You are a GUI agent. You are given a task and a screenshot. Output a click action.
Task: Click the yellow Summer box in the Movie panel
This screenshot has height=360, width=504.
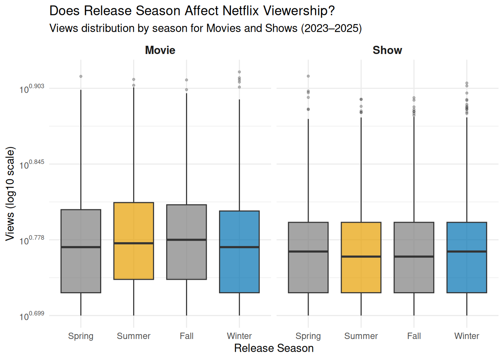pyautogui.click(x=133, y=225)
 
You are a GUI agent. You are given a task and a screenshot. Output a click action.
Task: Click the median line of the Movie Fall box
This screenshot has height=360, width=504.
pyautogui.click(x=186, y=240)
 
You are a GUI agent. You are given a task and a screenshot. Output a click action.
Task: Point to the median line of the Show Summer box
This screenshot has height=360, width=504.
pyautogui.click(x=361, y=256)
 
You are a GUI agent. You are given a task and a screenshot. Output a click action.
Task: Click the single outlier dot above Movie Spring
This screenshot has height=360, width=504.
pyautogui.click(x=81, y=76)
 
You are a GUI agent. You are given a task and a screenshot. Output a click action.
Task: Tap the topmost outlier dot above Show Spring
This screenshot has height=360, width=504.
pyautogui.click(x=308, y=76)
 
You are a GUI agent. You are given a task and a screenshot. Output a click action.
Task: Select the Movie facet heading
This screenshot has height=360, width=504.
pyautogui.click(x=160, y=50)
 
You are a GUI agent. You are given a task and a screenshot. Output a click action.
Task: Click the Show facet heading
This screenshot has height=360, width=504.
pyautogui.click(x=387, y=50)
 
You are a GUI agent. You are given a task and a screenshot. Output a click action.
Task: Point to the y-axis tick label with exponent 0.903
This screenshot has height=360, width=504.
pyautogui.click(x=32, y=88)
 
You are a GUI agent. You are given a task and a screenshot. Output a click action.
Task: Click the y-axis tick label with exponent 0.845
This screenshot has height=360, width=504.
pyautogui.click(x=32, y=164)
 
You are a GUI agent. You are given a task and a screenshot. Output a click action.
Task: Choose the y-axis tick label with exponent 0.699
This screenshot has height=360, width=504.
pyautogui.click(x=32, y=316)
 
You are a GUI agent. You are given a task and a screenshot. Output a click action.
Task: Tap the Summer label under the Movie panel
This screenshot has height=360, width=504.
pyautogui.click(x=133, y=336)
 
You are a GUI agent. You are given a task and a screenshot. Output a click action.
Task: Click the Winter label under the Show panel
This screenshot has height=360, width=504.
pyautogui.click(x=466, y=336)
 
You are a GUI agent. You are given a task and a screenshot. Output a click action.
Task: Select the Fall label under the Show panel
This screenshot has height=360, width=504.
pyautogui.click(x=414, y=336)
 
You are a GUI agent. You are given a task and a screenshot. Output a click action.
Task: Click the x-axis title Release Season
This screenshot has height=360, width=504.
pyautogui.click(x=274, y=348)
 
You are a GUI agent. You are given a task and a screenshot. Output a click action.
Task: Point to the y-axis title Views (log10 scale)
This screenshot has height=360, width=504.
pyautogui.click(x=10, y=193)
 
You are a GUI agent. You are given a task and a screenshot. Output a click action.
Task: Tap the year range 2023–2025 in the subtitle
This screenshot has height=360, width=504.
pyautogui.click(x=331, y=28)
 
